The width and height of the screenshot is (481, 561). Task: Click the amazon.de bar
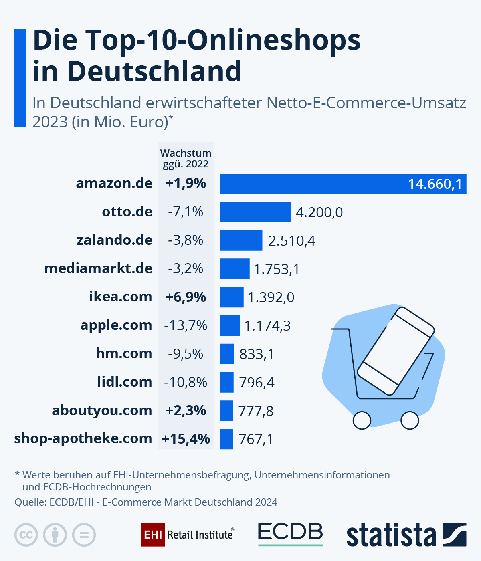point(313,184)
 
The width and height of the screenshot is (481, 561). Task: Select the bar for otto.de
point(255,212)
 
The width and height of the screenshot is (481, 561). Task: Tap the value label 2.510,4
point(291,241)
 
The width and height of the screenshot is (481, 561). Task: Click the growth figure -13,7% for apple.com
point(186,325)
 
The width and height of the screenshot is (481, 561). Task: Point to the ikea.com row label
point(120,297)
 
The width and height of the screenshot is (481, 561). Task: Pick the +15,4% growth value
point(186,439)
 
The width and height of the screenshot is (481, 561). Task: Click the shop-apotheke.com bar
point(226,439)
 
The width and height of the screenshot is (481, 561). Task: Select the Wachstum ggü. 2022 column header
point(186,159)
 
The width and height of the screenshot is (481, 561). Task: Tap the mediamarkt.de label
point(98,268)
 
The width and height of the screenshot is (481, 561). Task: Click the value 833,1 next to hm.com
point(257,354)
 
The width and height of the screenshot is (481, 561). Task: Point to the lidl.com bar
point(226,382)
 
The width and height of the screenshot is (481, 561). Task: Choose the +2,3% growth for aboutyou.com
point(186,410)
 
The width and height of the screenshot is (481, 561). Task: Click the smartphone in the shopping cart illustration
point(395,351)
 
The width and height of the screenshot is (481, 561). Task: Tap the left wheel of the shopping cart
point(362,420)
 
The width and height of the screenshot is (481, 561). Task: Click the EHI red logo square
point(153,535)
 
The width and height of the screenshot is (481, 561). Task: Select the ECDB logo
point(290,533)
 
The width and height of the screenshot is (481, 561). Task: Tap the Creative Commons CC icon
point(26,535)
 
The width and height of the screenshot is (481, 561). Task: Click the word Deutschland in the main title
point(154,71)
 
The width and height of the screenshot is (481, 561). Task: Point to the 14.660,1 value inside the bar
point(435,184)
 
